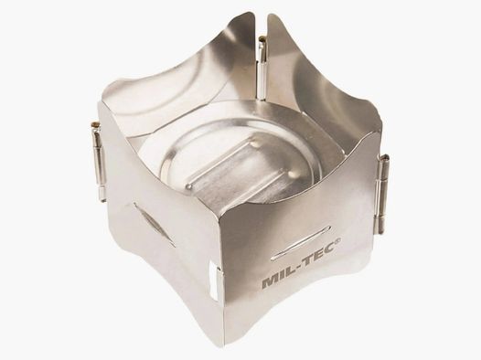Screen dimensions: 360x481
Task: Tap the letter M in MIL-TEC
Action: coord(270,281)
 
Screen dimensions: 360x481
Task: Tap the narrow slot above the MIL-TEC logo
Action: coord(300,241)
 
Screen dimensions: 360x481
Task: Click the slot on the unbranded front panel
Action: coord(154,223)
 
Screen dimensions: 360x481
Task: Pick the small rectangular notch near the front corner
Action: coord(216,282)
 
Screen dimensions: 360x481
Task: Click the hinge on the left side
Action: coord(98,160)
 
